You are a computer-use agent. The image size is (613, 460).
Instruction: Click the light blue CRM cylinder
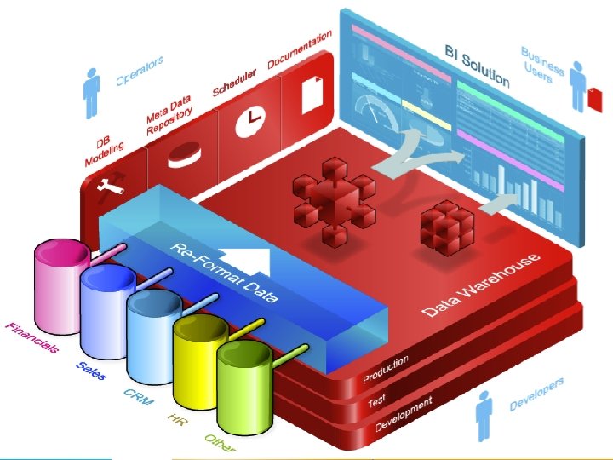point(152,328)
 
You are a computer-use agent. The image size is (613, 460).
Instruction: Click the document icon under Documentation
point(312,92)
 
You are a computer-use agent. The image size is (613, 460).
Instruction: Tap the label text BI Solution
point(477,66)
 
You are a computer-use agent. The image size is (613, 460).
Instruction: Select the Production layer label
point(386,368)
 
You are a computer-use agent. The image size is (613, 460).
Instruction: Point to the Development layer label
point(404,414)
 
